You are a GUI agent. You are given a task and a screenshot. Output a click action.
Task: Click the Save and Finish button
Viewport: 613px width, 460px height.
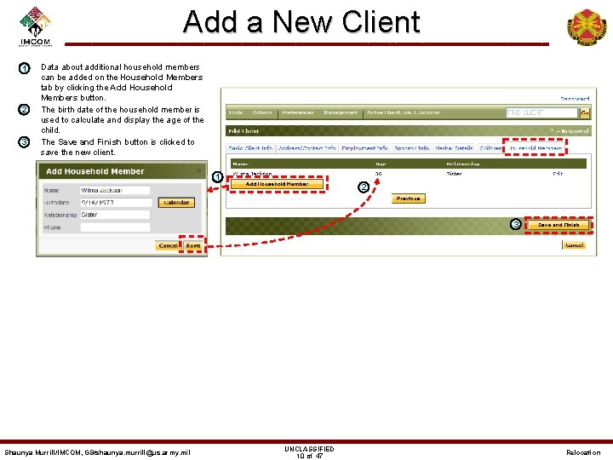pos(558,225)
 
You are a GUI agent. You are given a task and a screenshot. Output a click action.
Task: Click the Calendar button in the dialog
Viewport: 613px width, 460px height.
pos(176,203)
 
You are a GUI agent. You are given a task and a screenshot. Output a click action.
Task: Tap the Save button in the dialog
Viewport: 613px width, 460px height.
pos(193,245)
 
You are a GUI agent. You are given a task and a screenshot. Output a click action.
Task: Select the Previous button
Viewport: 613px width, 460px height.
pos(409,198)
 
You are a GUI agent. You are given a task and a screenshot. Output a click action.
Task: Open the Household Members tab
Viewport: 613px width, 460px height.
pos(535,148)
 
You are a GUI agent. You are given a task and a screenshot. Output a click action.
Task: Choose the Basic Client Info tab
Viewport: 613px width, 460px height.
pos(250,148)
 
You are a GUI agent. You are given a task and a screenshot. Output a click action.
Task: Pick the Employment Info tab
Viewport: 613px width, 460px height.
pos(364,148)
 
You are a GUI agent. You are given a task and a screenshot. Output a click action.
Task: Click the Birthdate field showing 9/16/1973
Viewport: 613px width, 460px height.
pos(116,203)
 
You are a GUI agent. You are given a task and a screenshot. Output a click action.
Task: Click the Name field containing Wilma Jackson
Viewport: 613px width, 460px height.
pos(116,191)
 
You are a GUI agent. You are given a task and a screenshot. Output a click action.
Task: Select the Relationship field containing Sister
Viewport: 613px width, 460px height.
pos(116,215)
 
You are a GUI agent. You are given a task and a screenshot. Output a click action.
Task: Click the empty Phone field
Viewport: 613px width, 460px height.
pos(116,227)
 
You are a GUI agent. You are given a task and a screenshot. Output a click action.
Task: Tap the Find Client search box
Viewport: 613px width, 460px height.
pos(541,112)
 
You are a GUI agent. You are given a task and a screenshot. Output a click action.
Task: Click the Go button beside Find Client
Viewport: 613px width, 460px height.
pos(585,112)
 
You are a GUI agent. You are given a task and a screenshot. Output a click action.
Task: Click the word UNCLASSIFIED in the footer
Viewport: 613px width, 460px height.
pos(309,449)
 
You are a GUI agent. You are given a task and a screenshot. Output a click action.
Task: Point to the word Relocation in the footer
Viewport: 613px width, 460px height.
pos(583,452)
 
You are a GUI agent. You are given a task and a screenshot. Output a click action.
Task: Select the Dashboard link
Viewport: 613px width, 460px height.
pos(574,98)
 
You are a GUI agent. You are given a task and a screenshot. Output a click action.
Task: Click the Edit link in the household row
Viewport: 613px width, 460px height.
pos(558,174)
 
